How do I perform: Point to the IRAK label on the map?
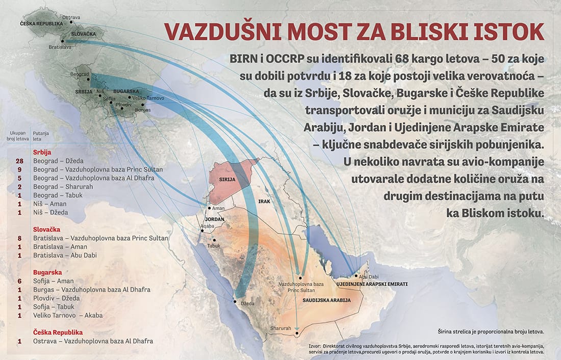pos(264,202)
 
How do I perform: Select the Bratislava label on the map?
pos(60,47)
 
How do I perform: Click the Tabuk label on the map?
pos(214,246)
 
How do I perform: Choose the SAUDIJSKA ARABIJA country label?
pos(326,300)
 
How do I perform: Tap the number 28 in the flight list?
pos(20,161)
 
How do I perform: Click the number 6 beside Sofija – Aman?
pos(20,281)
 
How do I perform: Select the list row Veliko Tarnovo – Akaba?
pos(68,315)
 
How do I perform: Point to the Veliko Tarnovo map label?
pos(149,97)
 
